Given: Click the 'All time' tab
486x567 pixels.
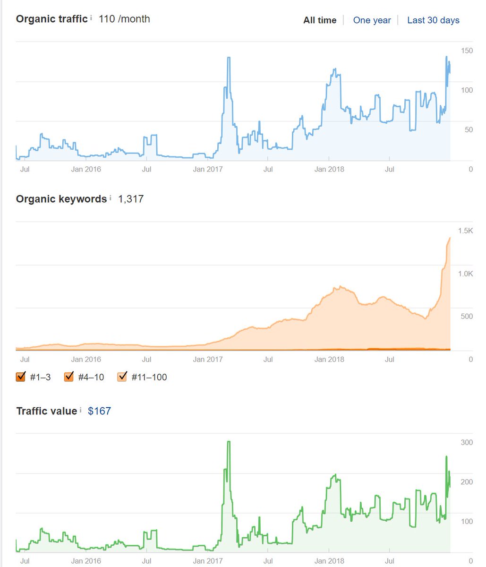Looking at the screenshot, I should (x=320, y=20).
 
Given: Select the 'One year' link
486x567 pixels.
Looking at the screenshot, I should (x=372, y=20).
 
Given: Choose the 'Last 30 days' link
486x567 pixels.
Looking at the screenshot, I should (x=433, y=20).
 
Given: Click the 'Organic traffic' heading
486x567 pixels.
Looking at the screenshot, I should (x=51, y=19).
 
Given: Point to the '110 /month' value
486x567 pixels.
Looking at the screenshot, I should (x=124, y=19).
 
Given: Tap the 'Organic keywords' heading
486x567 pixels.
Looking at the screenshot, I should (x=61, y=199).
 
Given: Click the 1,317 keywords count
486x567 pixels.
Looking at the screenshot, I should (x=131, y=199).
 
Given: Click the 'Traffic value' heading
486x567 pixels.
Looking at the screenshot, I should (x=46, y=411).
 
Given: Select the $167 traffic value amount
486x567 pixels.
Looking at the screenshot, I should (x=99, y=411).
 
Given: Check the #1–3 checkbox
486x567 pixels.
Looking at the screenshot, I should (x=20, y=377).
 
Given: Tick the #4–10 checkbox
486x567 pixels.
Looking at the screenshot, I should (x=69, y=377).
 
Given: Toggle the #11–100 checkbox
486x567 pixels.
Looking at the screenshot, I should (x=122, y=377).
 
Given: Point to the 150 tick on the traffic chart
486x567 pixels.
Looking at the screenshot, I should (x=467, y=51).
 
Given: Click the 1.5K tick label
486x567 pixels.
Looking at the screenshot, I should (x=465, y=231).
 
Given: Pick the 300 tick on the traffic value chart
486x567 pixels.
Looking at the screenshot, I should (x=467, y=443).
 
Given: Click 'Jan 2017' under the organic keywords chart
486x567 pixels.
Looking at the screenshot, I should (x=208, y=360).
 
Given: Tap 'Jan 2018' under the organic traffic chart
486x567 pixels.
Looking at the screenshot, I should (x=329, y=169).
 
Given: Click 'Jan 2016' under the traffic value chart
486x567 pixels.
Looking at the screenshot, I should (x=86, y=561).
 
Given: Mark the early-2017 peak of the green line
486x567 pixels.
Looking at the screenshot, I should (x=229, y=442).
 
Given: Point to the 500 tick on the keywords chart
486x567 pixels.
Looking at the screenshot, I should (x=467, y=317).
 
